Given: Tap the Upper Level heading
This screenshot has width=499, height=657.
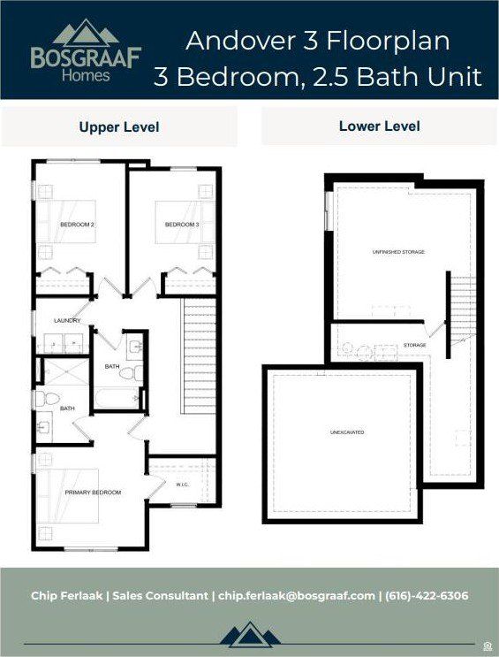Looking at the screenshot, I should point(119,127).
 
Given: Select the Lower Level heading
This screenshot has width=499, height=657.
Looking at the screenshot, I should point(379,126).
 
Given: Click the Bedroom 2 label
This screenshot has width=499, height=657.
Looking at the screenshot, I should point(77,225).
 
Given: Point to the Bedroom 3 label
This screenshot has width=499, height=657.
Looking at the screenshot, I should point(182,225).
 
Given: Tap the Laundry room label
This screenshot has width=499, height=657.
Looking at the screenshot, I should point(67,320).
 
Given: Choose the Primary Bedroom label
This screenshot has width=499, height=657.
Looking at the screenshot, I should point(93,492).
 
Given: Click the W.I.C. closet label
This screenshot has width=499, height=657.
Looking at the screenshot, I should point(183,484).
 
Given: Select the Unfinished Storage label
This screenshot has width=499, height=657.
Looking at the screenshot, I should point(398,252).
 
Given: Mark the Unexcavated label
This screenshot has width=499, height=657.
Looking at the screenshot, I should point(347,432).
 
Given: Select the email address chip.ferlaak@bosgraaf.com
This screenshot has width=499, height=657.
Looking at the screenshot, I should point(295,596).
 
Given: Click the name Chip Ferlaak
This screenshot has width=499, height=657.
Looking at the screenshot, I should point(64,596).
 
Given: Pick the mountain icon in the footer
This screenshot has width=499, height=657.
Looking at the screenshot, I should point(249,635).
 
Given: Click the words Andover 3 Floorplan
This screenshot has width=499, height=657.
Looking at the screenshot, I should point(318,41).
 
